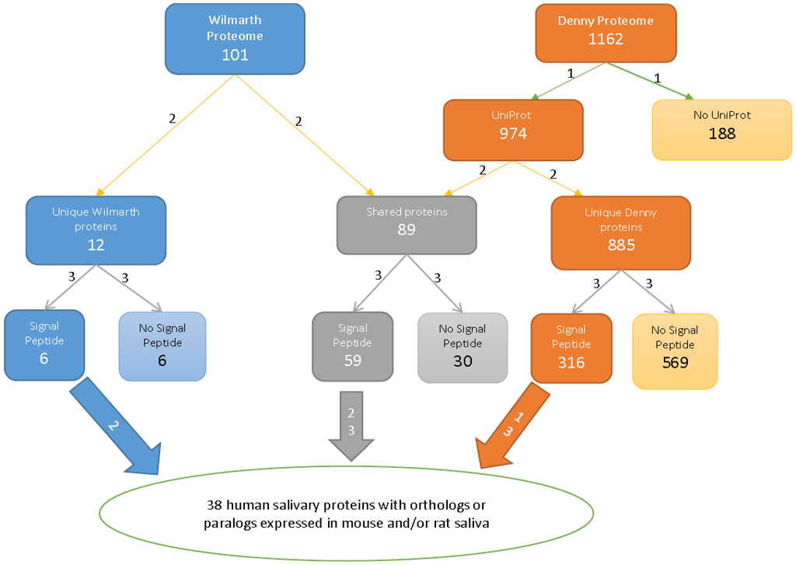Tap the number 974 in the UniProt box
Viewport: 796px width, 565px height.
pyautogui.click(x=513, y=134)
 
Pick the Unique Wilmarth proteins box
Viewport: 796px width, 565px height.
pyautogui.click(x=96, y=230)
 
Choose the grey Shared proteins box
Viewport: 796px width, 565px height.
pyautogui.click(x=407, y=225)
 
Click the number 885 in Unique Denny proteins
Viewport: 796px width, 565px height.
pyautogui.click(x=620, y=245)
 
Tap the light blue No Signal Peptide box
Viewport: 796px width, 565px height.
pyautogui.click(x=162, y=347)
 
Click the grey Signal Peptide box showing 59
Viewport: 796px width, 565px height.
pyautogui.click(x=352, y=347)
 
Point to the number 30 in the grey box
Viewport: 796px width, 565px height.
pyautogui.click(x=463, y=361)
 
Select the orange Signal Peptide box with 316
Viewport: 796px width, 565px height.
pyautogui.click(x=571, y=348)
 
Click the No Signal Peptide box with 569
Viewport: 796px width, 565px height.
pyautogui.click(x=675, y=351)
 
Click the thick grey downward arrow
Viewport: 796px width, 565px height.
pyautogui.click(x=351, y=424)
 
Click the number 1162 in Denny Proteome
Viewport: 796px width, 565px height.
pyautogui.click(x=606, y=39)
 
